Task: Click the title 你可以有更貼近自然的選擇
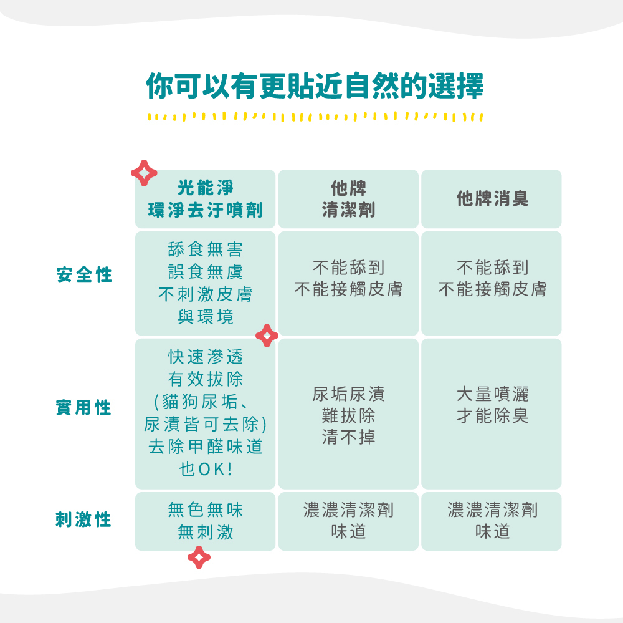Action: (x=315, y=86)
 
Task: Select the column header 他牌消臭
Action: (x=492, y=199)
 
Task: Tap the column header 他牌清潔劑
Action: (x=348, y=199)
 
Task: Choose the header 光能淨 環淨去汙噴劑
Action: (x=206, y=199)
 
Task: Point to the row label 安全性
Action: (x=84, y=275)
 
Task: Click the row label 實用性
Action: (x=84, y=408)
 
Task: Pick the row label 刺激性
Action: (x=84, y=520)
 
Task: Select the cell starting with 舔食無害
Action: (x=206, y=283)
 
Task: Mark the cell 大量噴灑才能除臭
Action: (x=492, y=405)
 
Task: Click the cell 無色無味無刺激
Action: (x=206, y=521)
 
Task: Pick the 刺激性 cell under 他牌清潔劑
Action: (x=348, y=521)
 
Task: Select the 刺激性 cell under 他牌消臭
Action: (x=492, y=521)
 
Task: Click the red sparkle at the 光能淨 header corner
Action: (x=144, y=173)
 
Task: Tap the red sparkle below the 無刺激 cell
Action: (x=199, y=557)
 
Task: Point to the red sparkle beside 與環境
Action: (x=267, y=336)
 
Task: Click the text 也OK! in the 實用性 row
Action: (x=206, y=469)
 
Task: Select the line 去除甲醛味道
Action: (x=206, y=447)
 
